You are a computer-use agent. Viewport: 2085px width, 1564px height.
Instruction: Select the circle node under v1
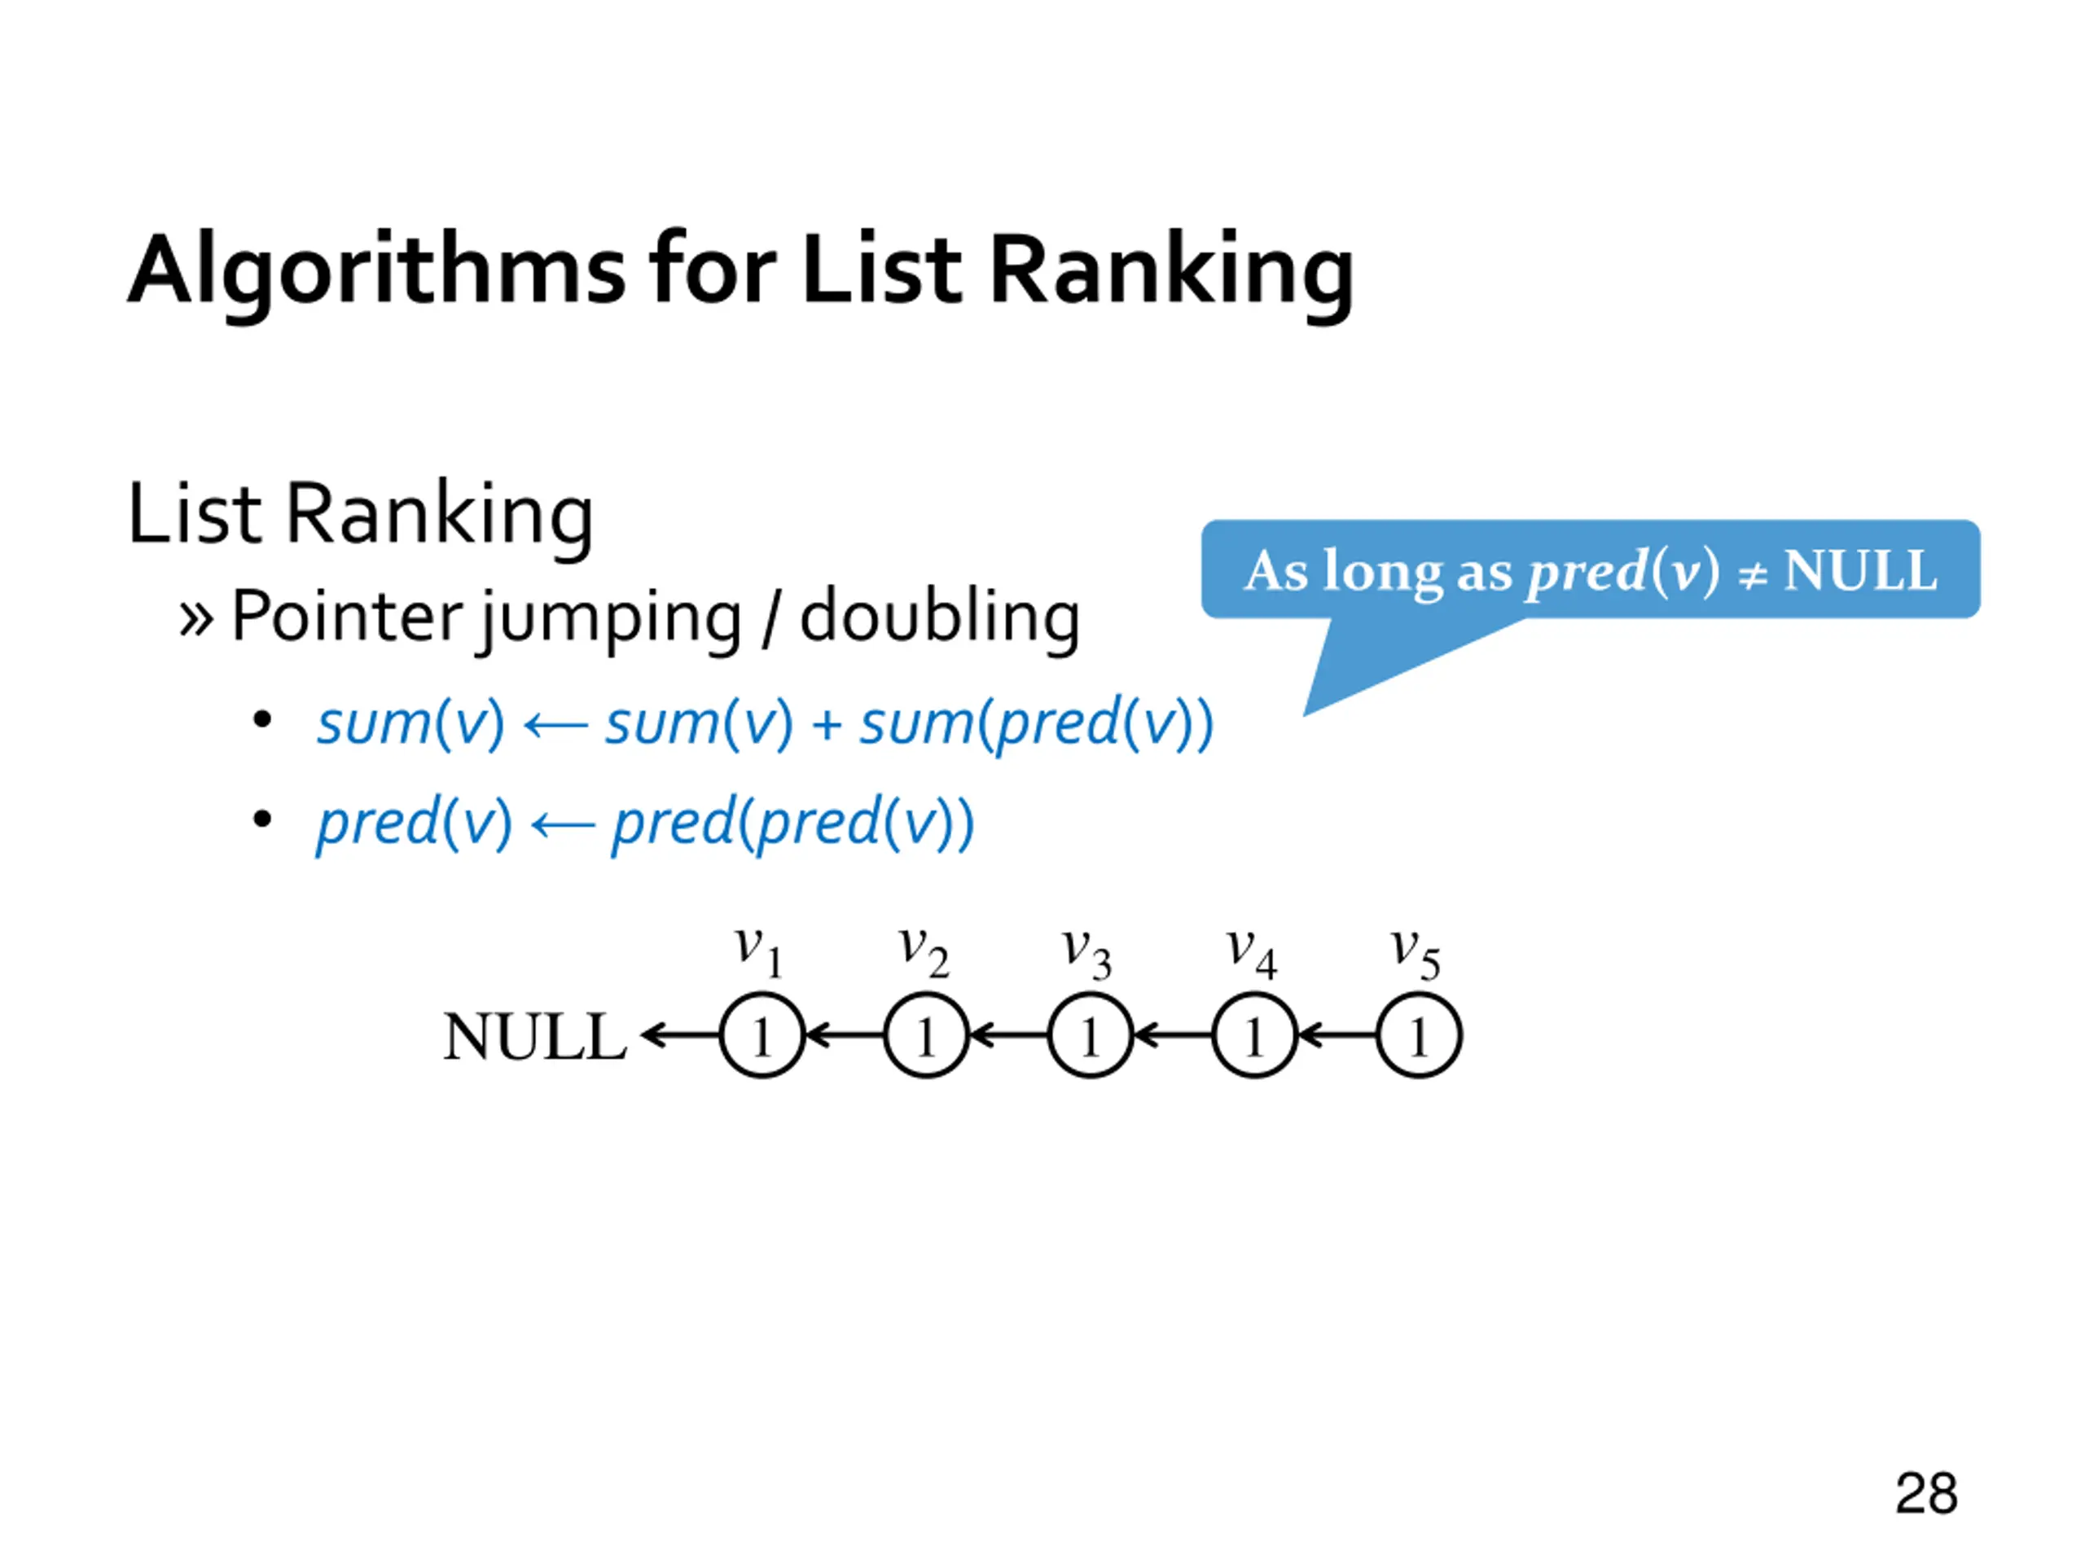point(762,1036)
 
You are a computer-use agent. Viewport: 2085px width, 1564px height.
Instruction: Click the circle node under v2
point(925,1036)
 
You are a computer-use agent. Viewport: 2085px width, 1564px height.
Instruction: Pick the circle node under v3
point(1090,1036)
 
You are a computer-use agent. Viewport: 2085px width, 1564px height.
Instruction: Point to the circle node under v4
point(1253,1036)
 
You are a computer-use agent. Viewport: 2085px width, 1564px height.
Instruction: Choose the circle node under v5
point(1419,1036)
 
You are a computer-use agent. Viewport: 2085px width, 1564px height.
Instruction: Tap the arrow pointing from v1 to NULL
point(679,1036)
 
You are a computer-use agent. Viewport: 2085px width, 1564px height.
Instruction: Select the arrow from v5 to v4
point(1337,1036)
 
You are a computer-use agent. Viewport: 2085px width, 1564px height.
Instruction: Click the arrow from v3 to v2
point(1007,1036)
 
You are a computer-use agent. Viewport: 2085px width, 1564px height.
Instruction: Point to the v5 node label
point(1415,952)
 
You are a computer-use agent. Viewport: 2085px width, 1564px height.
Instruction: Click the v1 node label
point(759,952)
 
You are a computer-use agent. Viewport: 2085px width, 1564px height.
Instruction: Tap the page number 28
point(1925,1493)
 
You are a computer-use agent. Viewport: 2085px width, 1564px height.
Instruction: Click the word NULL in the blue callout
point(1859,570)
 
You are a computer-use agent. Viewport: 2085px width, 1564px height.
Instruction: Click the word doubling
point(939,617)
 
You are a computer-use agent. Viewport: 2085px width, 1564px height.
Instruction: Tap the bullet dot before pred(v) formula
point(262,819)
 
